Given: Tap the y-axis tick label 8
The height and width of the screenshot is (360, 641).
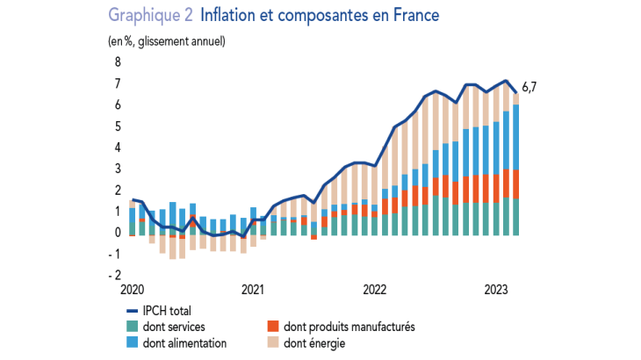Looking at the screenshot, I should (117, 62).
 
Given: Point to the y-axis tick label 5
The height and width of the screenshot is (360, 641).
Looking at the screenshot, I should (117, 126).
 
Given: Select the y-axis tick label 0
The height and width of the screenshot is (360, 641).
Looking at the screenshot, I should (117, 233).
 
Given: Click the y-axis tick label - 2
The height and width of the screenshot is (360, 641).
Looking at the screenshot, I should (114, 275).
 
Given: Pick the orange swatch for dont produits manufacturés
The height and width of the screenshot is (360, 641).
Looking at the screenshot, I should (272, 327).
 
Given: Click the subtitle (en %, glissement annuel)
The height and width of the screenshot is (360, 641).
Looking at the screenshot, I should (167, 41).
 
